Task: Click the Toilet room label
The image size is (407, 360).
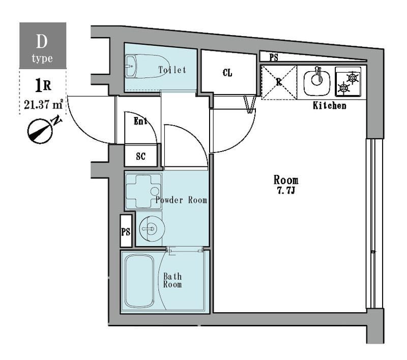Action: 172,70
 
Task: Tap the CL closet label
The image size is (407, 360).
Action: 227,73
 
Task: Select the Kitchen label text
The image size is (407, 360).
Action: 329,105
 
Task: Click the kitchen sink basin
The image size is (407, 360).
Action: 317,82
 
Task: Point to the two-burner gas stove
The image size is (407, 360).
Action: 348,82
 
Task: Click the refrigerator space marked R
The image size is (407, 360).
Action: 279,82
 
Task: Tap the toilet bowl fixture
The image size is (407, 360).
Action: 147,66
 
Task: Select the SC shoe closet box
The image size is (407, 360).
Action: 141,156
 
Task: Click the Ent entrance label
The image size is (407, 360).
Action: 140,121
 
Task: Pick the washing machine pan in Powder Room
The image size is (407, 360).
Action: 143,192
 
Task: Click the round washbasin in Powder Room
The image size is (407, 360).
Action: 151,229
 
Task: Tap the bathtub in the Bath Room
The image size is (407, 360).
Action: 139,281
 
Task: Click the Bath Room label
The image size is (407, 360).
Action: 172,280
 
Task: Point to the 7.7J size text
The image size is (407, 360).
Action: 286,191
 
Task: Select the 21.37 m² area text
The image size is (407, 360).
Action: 43,105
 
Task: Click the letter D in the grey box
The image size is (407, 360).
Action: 42,41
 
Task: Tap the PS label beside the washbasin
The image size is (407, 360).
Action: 126,231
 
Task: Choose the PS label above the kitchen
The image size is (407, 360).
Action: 274,57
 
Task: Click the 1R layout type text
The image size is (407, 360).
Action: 43,85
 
